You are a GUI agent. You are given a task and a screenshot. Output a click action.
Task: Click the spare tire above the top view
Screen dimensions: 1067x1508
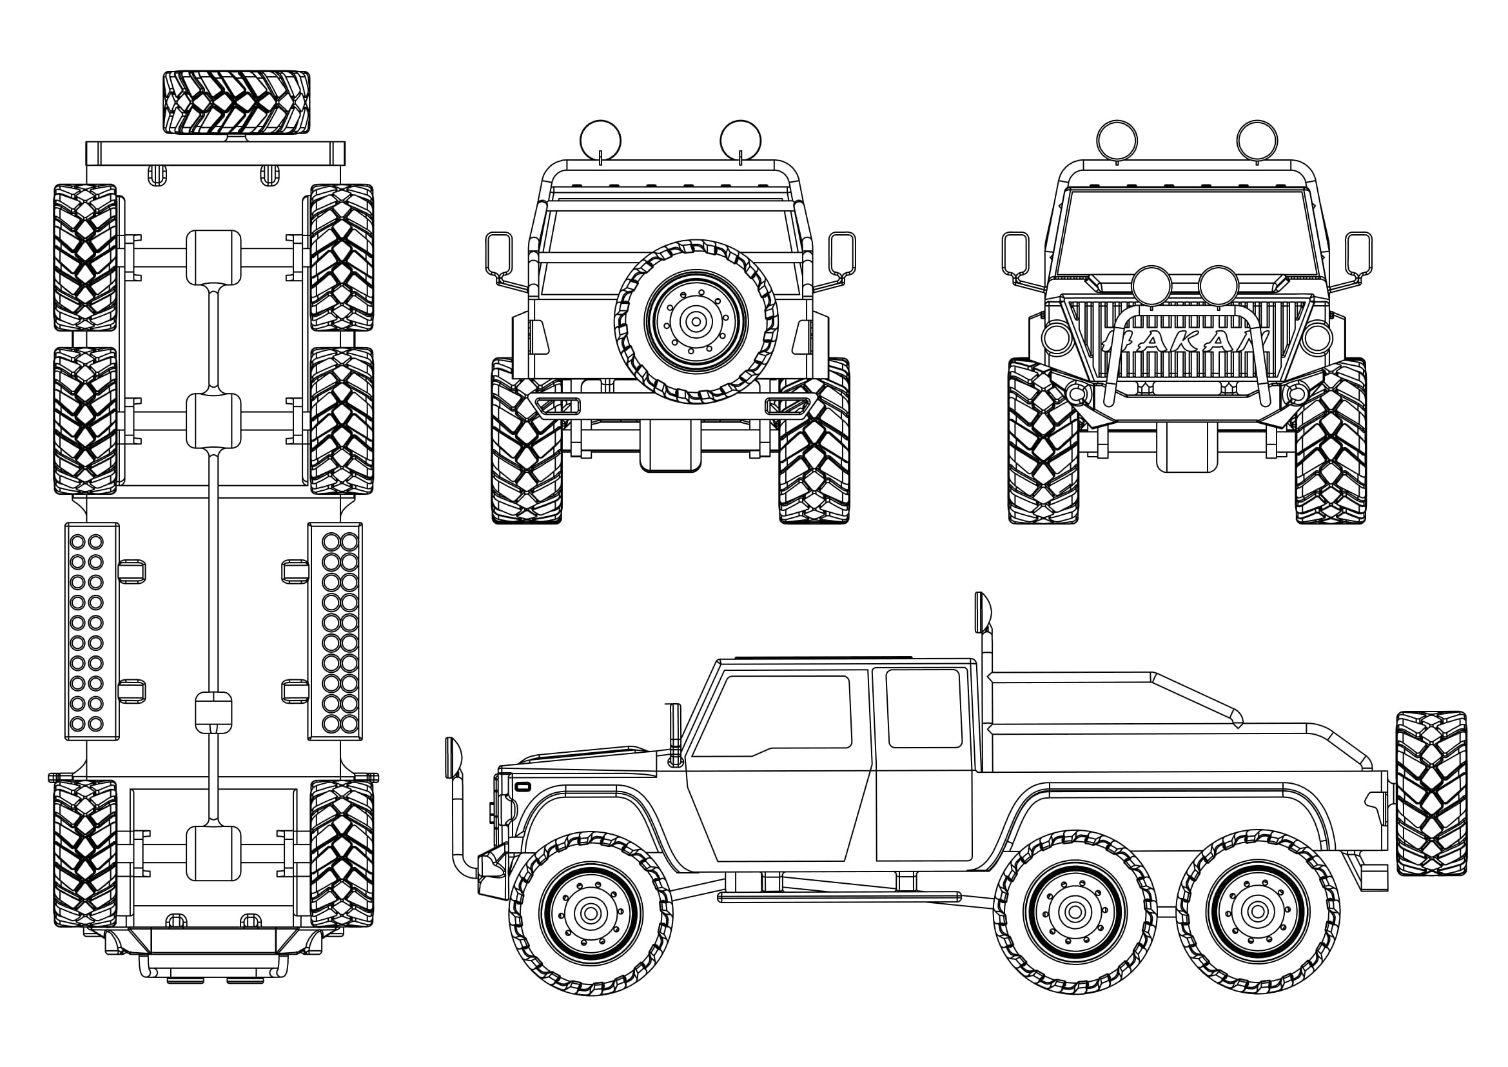point(236,103)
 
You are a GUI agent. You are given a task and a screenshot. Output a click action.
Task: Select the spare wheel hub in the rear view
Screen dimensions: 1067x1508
point(696,321)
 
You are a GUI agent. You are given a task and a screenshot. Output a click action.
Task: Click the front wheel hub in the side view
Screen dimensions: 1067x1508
point(591,913)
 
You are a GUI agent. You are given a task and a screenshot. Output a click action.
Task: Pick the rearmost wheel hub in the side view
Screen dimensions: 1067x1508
point(1258,912)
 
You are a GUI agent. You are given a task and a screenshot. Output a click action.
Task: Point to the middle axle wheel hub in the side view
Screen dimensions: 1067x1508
point(1075,912)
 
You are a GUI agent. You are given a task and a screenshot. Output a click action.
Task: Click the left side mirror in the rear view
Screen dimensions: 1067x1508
point(498,254)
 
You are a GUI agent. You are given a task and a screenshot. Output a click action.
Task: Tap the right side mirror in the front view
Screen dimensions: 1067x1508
point(1358,253)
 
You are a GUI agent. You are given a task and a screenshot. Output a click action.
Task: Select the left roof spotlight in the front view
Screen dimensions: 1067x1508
point(1117,140)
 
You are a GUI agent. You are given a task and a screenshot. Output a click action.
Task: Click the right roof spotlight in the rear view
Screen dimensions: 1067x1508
point(740,140)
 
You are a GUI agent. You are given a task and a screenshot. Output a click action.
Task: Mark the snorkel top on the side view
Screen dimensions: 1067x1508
point(983,611)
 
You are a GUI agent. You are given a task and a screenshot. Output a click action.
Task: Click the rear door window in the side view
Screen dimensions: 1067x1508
point(924,708)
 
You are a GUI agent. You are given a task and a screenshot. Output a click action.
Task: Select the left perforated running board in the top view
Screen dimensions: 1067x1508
point(92,631)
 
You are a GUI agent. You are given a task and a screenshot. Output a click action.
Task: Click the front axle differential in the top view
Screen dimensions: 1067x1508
point(213,853)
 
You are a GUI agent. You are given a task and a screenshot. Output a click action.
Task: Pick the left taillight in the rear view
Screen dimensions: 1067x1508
point(538,337)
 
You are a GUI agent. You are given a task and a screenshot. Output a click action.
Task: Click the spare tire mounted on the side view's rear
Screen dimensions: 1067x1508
point(1431,793)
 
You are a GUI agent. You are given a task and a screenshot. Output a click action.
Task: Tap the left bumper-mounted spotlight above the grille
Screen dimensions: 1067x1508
point(1151,286)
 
